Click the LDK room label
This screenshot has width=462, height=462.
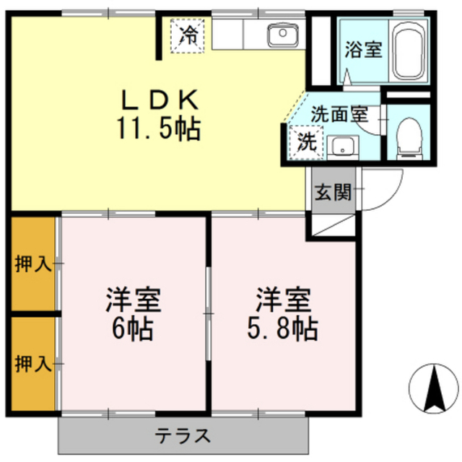click(x=160, y=100)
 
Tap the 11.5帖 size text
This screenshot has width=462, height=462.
click(x=159, y=129)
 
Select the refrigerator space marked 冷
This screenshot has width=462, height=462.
click(x=188, y=35)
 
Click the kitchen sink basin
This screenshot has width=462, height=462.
click(x=283, y=35)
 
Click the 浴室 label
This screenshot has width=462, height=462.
click(x=364, y=50)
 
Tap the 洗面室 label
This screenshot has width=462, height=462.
click(x=340, y=114)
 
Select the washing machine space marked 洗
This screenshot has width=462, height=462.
click(x=306, y=143)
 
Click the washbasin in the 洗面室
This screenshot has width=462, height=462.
click(x=343, y=147)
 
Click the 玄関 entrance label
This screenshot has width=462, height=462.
click(x=333, y=193)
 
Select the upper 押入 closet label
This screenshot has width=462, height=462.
click(x=33, y=263)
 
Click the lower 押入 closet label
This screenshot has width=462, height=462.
click(x=33, y=364)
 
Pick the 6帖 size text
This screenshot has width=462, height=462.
click(x=133, y=328)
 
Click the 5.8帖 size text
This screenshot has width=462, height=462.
click(x=282, y=328)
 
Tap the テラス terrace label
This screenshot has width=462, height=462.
click(x=183, y=436)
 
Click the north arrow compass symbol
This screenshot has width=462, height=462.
click(x=435, y=388)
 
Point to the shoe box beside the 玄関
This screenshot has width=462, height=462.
click(x=334, y=225)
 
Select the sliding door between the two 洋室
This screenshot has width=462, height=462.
click(x=209, y=314)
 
